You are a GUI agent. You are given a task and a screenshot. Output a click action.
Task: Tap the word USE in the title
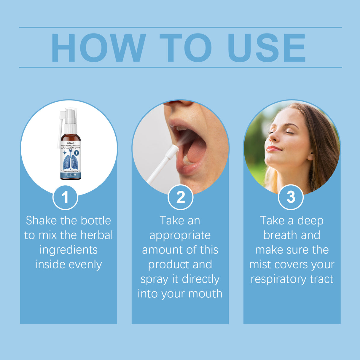point(266,48)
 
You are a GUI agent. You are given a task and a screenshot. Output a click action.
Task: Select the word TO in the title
point(186,48)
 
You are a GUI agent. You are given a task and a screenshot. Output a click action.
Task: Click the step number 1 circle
point(65,197)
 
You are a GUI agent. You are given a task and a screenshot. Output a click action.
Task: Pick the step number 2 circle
point(180,197)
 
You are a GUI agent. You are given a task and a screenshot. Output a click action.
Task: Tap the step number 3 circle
point(291,197)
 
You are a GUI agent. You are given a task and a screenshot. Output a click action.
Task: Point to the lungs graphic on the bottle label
point(71,162)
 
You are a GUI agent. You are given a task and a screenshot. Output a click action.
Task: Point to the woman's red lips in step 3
point(273,149)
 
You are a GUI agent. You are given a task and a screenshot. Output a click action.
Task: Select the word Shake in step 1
point(41,221)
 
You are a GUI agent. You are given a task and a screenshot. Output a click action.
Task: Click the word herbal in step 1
point(97,235)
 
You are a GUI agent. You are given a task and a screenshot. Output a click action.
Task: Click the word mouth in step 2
point(205,294)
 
